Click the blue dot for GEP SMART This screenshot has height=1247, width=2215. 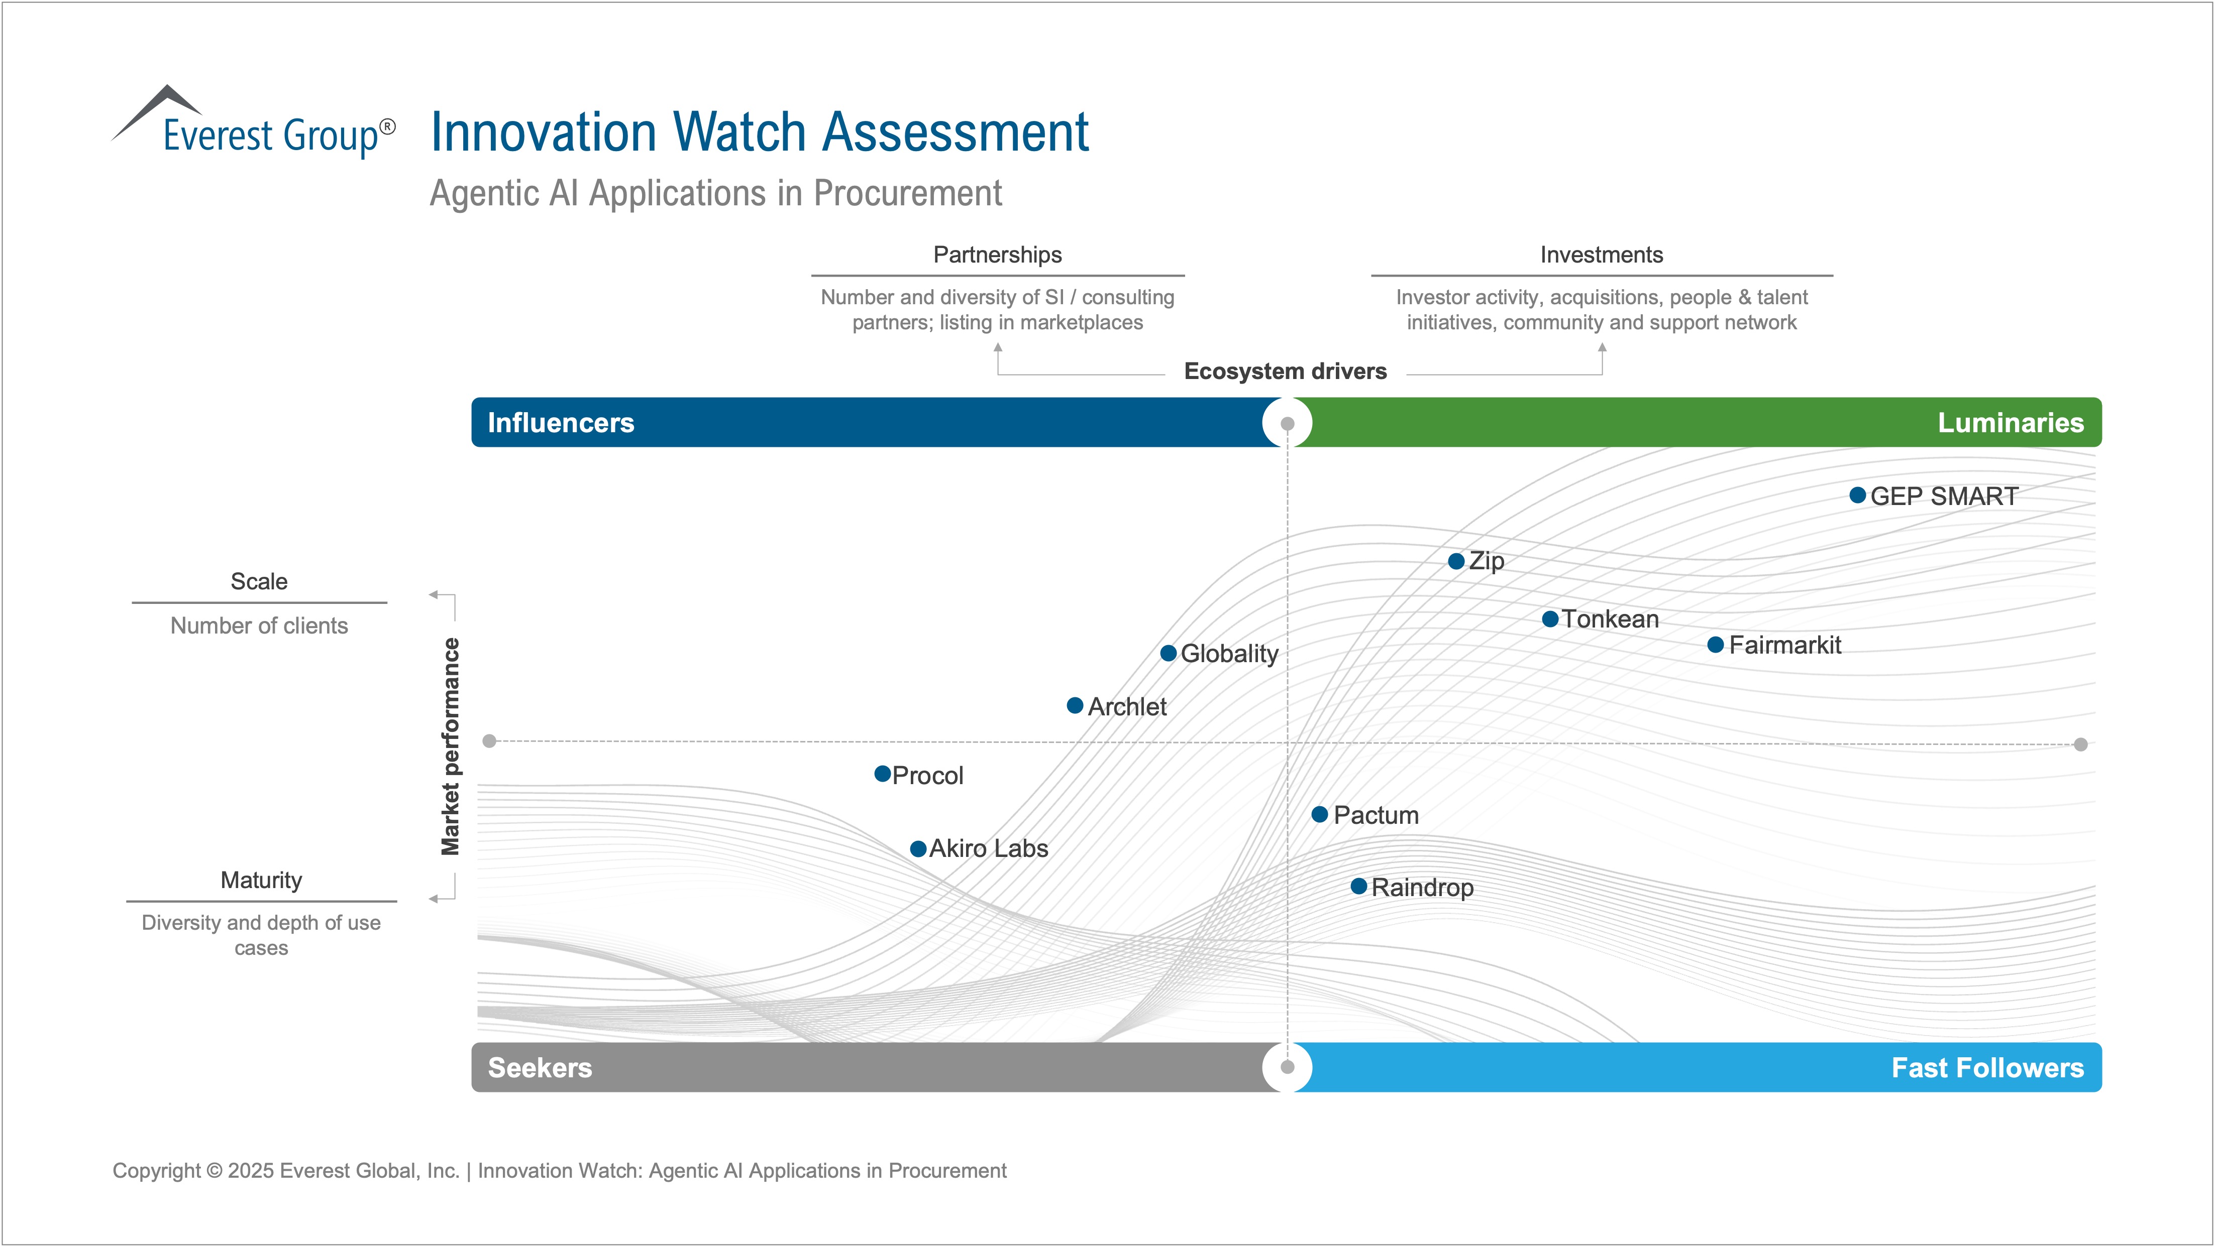[x=1857, y=495]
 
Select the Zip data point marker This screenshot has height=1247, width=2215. [x=1456, y=561]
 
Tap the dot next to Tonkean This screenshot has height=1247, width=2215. [x=1550, y=619]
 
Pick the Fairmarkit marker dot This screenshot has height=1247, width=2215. [x=1716, y=645]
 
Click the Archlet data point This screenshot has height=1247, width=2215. [x=1075, y=705]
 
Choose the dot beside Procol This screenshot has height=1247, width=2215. [x=882, y=774]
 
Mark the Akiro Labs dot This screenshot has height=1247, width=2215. [x=918, y=849]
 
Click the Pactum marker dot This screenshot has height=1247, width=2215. [x=1320, y=814]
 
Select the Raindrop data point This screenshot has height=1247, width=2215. [x=1358, y=886]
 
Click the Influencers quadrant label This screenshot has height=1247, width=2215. [x=561, y=423]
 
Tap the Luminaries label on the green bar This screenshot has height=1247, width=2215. [x=2011, y=423]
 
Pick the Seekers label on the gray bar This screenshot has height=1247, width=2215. [x=540, y=1067]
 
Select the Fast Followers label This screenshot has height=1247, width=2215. [x=1987, y=1067]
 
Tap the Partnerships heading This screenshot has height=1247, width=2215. [x=997, y=255]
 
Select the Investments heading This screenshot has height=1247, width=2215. [x=1601, y=255]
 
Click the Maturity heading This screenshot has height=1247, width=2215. [x=261, y=880]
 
